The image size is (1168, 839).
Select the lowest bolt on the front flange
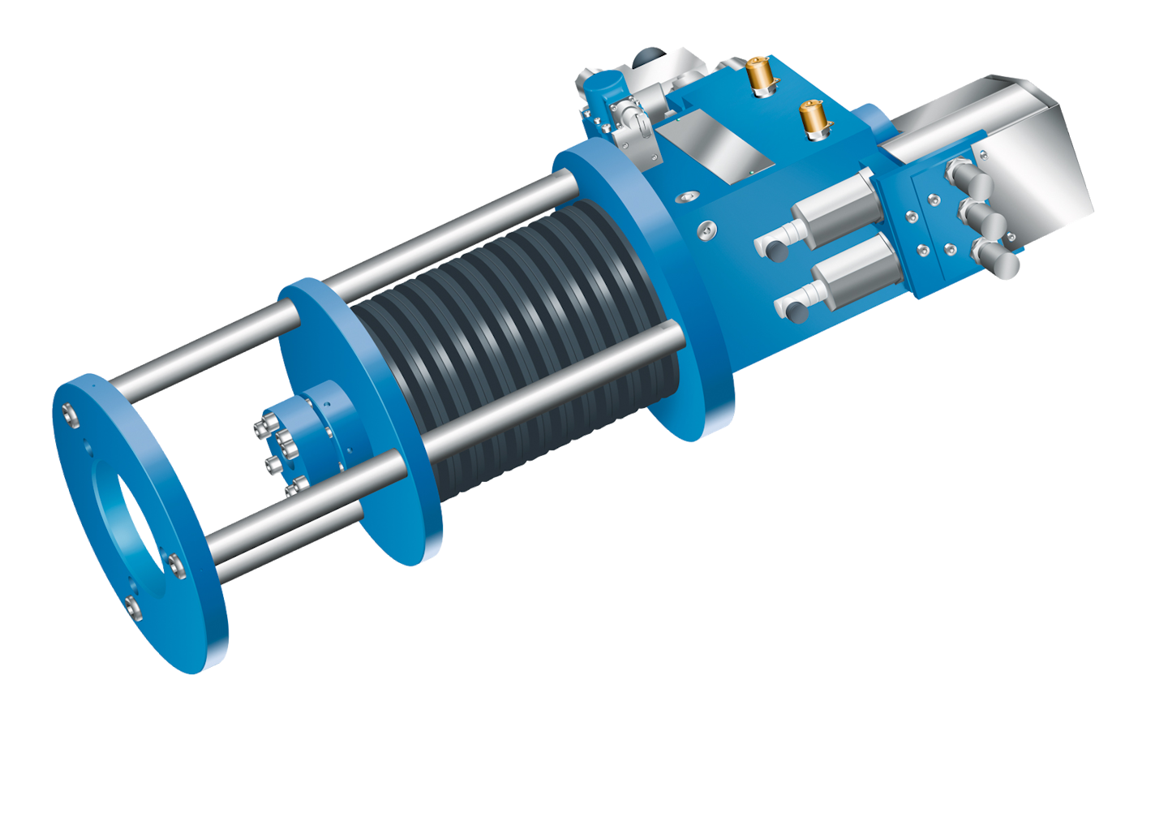pos(134,606)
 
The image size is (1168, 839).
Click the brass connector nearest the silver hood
pos(811,118)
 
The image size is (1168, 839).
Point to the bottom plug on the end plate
pos(997,259)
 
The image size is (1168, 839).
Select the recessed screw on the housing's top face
pos(689,197)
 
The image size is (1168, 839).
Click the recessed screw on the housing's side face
pos(709,230)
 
